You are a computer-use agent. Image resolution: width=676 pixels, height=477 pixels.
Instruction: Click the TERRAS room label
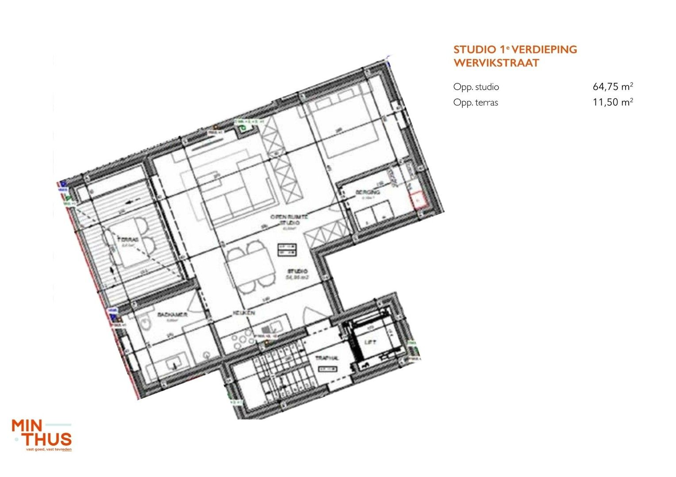pyautogui.click(x=128, y=239)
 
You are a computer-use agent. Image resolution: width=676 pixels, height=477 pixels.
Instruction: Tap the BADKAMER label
pyautogui.click(x=172, y=314)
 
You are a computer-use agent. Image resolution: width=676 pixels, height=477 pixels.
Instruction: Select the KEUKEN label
pyautogui.click(x=244, y=313)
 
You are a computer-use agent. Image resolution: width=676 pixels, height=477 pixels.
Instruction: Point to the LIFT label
pyautogui.click(x=370, y=342)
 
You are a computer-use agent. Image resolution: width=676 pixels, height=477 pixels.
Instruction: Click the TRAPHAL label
pyautogui.click(x=327, y=358)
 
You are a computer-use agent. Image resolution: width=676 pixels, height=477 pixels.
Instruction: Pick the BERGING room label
pyautogui.click(x=368, y=192)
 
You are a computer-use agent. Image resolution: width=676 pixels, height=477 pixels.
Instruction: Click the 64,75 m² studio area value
pyautogui.click(x=613, y=87)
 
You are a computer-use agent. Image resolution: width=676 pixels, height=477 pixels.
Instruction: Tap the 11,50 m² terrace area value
pyautogui.click(x=613, y=102)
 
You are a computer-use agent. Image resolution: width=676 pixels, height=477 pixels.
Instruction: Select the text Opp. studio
pyautogui.click(x=476, y=87)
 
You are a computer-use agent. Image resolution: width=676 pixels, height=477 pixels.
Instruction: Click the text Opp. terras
pyautogui.click(x=476, y=103)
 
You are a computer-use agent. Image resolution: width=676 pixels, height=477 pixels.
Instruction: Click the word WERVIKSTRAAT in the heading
pyautogui.click(x=496, y=63)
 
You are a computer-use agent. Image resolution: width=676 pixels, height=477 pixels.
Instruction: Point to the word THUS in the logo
pyautogui.click(x=48, y=439)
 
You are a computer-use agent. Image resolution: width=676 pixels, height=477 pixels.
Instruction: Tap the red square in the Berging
pyautogui.click(x=418, y=201)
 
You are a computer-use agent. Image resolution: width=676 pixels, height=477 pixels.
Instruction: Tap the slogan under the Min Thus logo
pyautogui.click(x=49, y=450)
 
